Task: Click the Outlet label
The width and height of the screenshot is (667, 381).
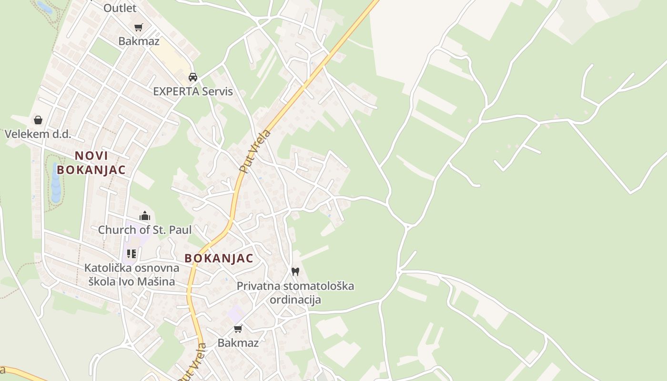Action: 120,8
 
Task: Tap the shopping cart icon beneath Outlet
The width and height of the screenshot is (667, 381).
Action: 138,27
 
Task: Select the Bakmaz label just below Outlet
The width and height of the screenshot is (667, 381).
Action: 139,41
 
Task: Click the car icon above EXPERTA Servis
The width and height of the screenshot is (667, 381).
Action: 193,77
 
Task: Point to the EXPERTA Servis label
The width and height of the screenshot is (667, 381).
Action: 193,91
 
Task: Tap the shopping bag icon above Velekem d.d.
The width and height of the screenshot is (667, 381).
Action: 38,120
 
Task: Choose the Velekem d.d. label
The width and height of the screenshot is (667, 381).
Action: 38,134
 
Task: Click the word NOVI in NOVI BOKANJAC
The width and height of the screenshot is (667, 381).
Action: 91,156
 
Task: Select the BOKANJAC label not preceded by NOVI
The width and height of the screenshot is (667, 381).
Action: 219,258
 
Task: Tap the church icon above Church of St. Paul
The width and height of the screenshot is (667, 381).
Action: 145,216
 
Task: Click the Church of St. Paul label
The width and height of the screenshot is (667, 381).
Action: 145,230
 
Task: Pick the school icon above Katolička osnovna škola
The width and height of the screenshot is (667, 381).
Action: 131,253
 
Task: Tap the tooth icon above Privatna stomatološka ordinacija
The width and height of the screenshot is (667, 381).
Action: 295,271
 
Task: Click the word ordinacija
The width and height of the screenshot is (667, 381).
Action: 295,300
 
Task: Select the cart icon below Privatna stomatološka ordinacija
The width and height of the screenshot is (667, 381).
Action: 238,329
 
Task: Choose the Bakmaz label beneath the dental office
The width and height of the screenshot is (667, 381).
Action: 238,342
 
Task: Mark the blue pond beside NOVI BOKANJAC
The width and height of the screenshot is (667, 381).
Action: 56,183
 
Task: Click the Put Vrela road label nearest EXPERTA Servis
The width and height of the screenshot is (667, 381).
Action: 255,151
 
